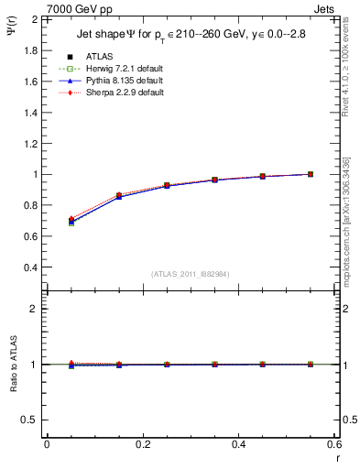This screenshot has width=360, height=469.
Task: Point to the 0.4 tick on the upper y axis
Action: click(30, 267)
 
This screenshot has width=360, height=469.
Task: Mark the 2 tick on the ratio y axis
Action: click(34, 309)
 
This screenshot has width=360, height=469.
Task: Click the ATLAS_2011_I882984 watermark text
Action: click(190, 274)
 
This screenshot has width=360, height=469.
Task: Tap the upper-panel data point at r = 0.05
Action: click(71, 221)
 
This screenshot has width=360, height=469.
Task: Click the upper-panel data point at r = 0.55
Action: click(311, 174)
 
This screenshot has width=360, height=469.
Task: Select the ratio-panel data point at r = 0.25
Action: click(167, 364)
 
